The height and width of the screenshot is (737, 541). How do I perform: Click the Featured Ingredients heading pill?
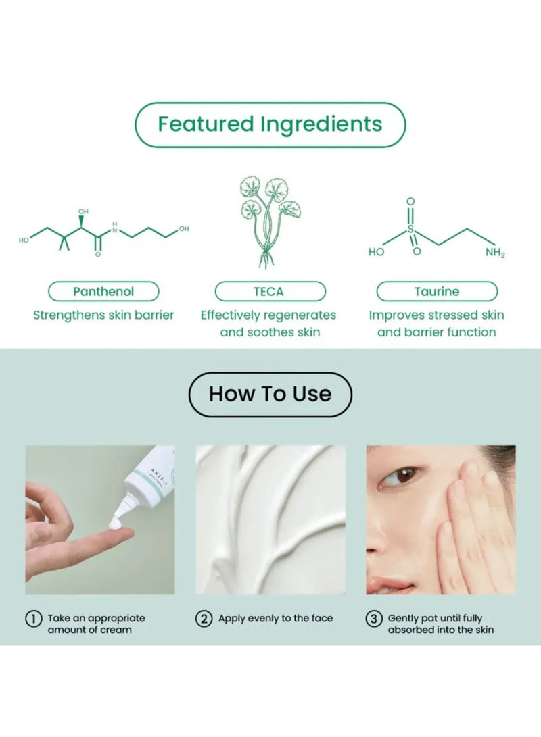(x=270, y=125)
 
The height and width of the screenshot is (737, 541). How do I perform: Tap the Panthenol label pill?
(x=103, y=292)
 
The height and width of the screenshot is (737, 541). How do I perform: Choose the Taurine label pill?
(x=436, y=292)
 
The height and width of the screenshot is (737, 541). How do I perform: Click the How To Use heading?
(x=270, y=394)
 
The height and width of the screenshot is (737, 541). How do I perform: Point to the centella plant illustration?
(x=270, y=220)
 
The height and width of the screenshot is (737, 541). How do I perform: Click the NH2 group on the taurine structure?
(x=494, y=253)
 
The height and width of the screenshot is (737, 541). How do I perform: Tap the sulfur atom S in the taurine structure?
(x=410, y=230)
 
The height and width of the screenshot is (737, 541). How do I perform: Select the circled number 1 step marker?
(x=33, y=619)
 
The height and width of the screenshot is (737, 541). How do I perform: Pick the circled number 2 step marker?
(x=204, y=619)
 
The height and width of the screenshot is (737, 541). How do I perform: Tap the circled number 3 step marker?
(x=374, y=619)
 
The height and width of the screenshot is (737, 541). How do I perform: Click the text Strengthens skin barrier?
(x=103, y=315)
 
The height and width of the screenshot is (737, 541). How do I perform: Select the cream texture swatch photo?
(x=270, y=519)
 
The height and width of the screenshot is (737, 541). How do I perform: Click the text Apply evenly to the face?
(x=276, y=619)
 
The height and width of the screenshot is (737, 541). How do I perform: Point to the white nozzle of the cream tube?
(x=127, y=505)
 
